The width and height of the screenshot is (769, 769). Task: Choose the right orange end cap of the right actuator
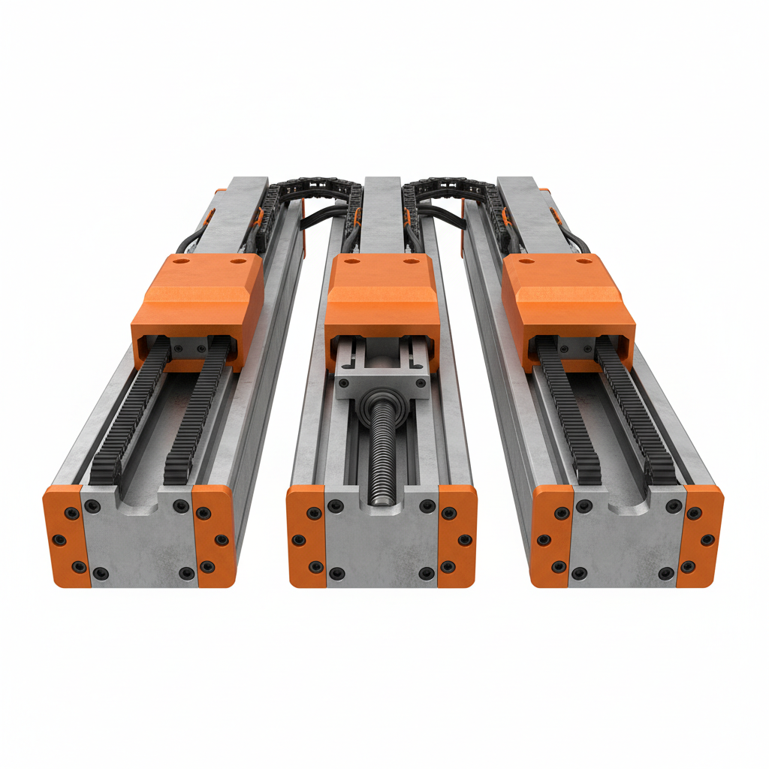700,535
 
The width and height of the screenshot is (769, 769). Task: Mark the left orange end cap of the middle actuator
306,535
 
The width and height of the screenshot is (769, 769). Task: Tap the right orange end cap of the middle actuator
457,535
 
